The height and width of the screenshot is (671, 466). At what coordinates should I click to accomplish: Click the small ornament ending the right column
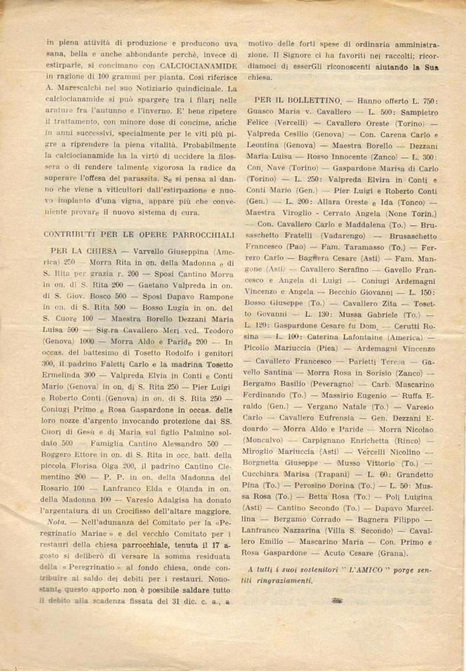pyautogui.click(x=335, y=601)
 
